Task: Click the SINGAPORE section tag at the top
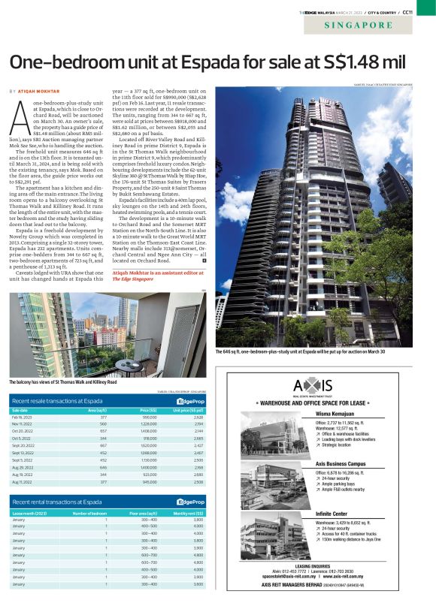(x=359, y=25)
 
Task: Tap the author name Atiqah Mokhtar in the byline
(x=43, y=91)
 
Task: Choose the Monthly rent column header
(x=189, y=514)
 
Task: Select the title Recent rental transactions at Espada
(x=57, y=502)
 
